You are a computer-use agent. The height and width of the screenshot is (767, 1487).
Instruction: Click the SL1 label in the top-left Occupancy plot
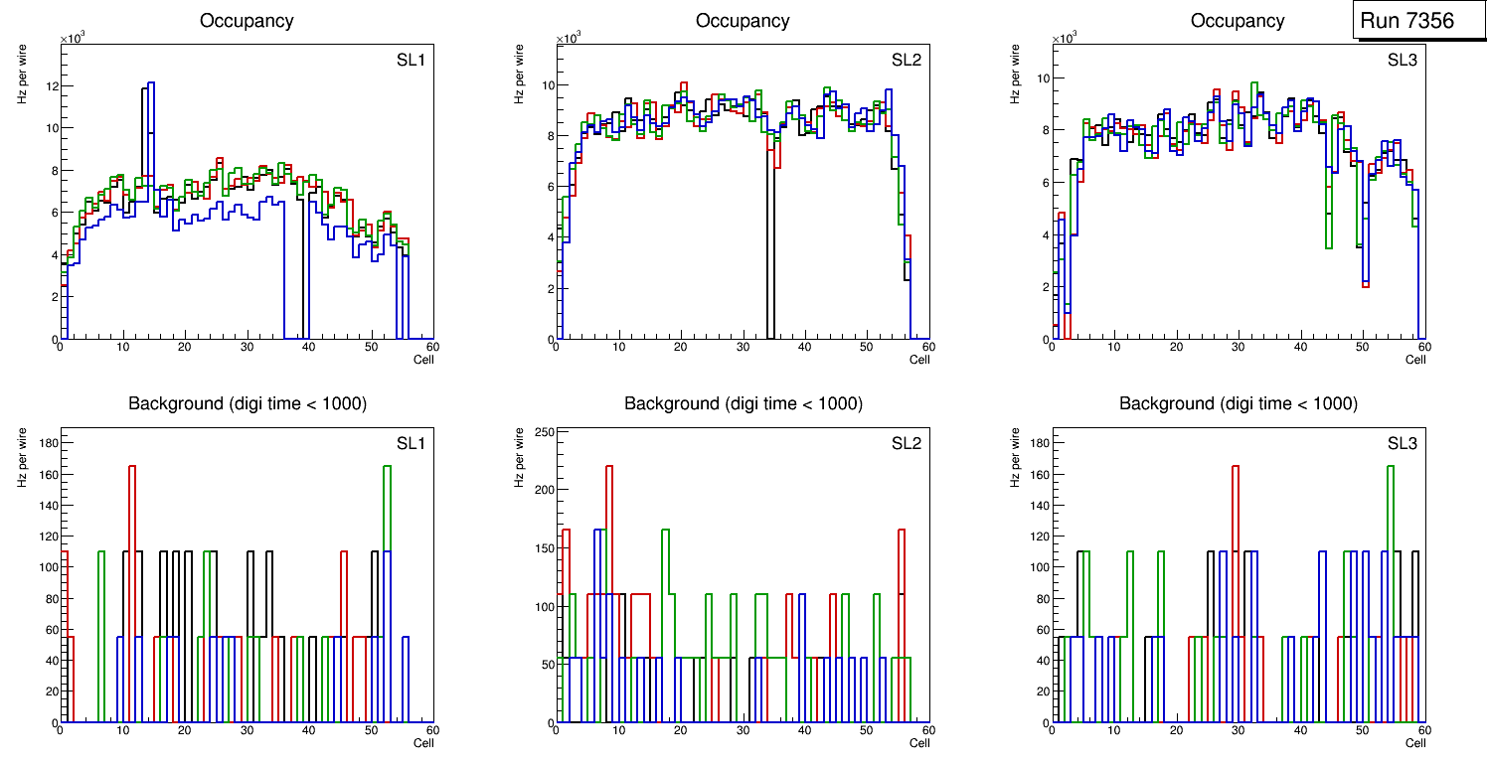tap(411, 61)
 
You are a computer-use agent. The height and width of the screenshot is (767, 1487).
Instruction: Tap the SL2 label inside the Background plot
tap(906, 443)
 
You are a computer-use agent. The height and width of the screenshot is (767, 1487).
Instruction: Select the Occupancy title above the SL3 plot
tap(1238, 21)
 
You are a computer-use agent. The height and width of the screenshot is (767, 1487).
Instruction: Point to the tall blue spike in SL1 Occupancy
tap(150, 84)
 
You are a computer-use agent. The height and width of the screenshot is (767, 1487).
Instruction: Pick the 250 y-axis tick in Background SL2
tap(542, 431)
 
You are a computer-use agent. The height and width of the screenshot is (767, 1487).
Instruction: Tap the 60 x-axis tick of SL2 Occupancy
tap(925, 347)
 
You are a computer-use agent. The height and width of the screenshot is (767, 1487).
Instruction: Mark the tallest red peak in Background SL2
tap(609, 467)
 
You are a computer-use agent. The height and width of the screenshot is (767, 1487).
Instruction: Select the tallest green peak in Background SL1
tap(387, 467)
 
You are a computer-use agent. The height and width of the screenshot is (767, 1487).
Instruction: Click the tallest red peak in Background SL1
tap(131, 467)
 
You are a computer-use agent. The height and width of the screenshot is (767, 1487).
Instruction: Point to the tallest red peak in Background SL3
tap(1236, 467)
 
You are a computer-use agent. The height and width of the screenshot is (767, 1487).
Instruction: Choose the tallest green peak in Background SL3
tap(1391, 467)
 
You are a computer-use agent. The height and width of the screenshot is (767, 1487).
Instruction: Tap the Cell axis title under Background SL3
tap(1415, 742)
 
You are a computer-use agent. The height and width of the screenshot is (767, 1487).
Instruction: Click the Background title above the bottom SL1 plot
tap(248, 403)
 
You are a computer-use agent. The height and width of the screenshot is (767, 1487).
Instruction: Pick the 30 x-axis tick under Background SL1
tap(247, 730)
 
